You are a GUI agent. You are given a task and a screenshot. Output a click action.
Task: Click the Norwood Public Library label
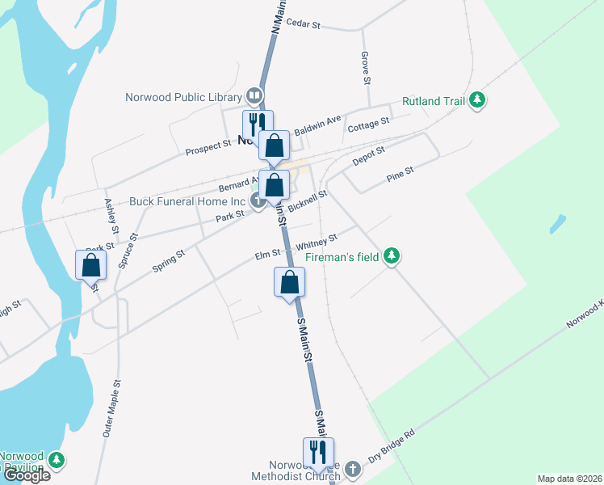(184, 98)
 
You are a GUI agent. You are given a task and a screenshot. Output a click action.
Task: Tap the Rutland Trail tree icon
(479, 99)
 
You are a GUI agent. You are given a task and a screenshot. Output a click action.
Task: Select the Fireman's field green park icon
(392, 256)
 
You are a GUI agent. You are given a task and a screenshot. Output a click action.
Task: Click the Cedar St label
(304, 25)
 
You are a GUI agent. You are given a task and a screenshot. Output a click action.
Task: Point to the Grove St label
(366, 69)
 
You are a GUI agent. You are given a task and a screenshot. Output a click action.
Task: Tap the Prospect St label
(208, 149)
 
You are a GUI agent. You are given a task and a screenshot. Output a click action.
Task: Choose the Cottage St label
(368, 125)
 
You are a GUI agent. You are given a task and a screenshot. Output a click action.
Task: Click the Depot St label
(369, 157)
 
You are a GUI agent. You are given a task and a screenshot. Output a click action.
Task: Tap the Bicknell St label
(308, 200)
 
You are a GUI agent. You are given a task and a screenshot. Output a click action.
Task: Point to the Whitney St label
(317, 242)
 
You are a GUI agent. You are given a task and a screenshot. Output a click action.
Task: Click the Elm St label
(267, 255)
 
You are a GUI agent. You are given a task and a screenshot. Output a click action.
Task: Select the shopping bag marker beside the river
(91, 264)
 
